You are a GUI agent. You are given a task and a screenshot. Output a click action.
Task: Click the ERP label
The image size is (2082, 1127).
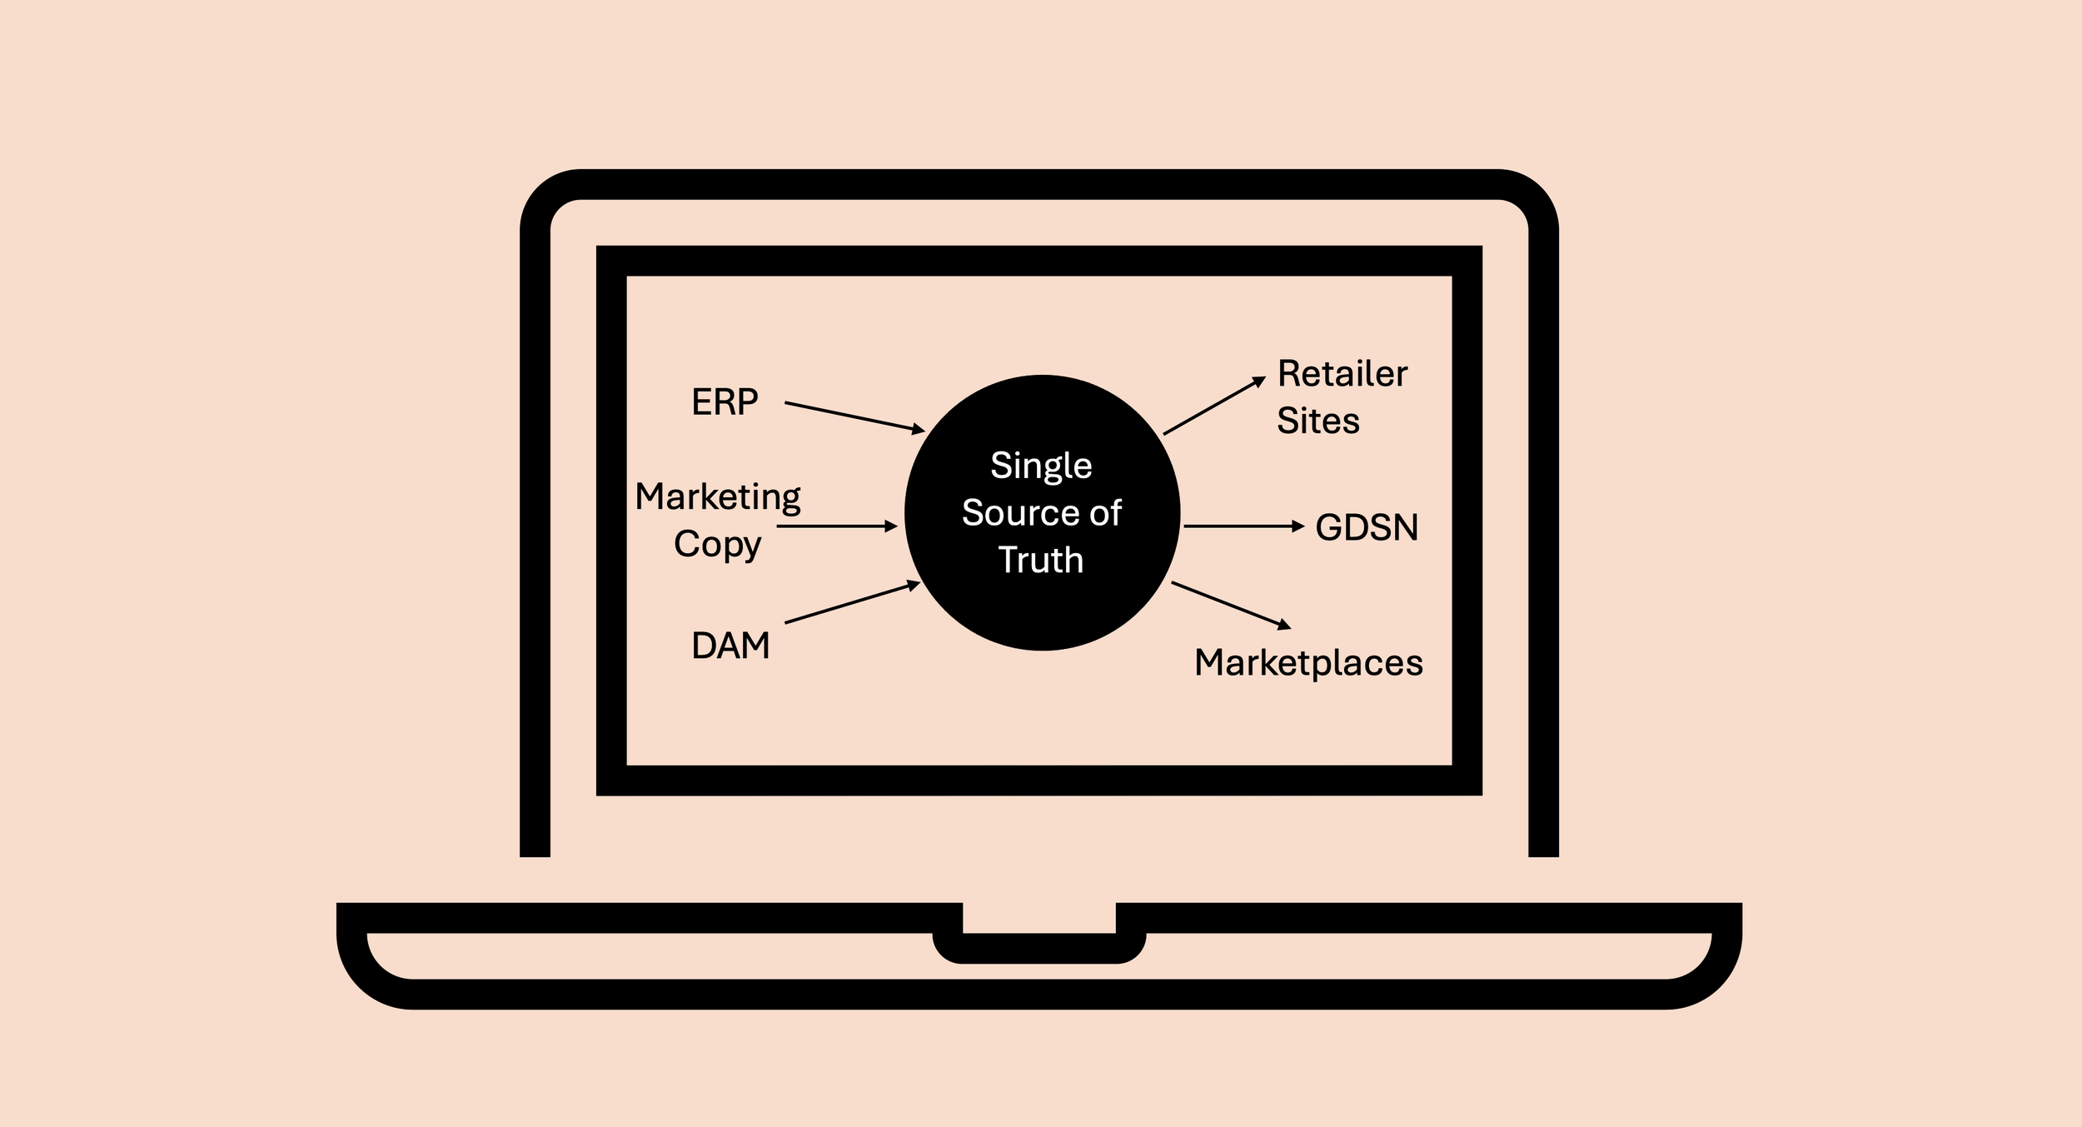(725, 402)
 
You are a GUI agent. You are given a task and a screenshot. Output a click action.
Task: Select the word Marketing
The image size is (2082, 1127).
(717, 497)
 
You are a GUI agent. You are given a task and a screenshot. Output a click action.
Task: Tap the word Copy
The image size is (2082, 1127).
(717, 545)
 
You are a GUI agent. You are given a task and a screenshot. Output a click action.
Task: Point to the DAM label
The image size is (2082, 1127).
(730, 646)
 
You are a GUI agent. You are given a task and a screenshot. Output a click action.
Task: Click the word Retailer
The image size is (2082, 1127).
(1342, 374)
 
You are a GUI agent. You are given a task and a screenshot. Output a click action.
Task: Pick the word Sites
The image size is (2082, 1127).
(1318, 421)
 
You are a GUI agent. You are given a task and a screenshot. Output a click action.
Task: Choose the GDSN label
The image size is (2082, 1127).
(1367, 527)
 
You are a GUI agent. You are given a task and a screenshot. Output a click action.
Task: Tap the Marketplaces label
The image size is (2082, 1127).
(1308, 663)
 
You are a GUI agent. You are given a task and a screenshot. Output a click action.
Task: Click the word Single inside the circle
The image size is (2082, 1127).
(1041, 466)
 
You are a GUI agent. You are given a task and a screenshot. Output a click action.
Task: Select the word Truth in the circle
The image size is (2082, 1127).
(1041, 561)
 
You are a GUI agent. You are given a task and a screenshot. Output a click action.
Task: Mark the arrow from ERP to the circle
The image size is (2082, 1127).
(854, 416)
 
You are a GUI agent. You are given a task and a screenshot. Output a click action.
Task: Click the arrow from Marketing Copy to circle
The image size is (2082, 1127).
(836, 526)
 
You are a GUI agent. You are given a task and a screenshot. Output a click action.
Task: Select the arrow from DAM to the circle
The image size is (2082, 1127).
(852, 603)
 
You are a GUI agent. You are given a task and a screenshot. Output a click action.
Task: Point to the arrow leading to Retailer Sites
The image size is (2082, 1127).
(1214, 406)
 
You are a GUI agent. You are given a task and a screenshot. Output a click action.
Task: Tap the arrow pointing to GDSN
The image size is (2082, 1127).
(1243, 526)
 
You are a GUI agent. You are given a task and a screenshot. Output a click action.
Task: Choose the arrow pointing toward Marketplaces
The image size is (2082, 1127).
(1231, 605)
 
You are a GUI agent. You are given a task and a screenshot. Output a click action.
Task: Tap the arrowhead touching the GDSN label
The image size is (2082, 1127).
(1298, 526)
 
